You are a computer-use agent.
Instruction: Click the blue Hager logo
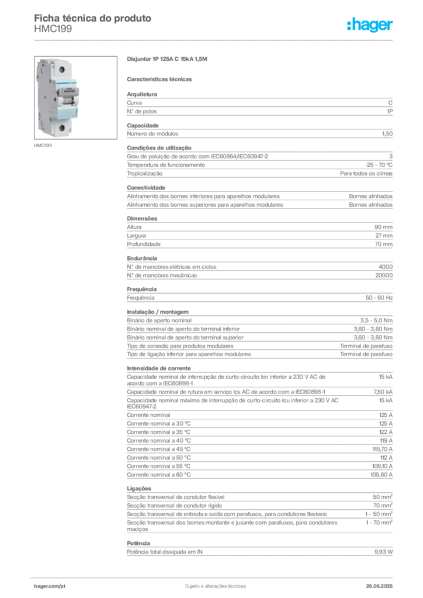370,25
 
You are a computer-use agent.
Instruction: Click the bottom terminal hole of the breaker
60,128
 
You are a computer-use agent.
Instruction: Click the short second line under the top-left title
53,33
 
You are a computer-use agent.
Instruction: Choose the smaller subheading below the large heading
161,79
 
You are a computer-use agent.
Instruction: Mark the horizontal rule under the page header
214,40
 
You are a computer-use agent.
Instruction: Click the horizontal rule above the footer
214,573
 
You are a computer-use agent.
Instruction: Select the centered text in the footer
214,584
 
